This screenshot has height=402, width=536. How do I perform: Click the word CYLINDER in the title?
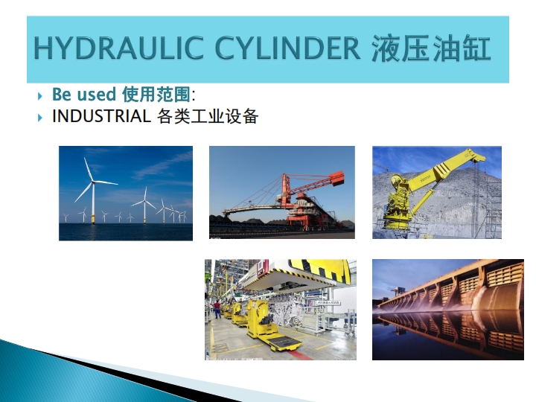pyautogui.click(x=287, y=48)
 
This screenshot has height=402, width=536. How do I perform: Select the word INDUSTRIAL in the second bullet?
pyautogui.click(x=101, y=116)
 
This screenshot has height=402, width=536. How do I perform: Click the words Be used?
pyautogui.click(x=84, y=94)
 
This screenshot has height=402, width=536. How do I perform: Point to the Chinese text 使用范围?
pyautogui.click(x=156, y=95)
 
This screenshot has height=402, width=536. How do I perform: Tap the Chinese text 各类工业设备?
pyautogui.click(x=208, y=117)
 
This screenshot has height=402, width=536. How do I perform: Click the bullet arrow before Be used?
pyautogui.click(x=40, y=96)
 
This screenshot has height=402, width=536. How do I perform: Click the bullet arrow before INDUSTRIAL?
pyautogui.click(x=40, y=118)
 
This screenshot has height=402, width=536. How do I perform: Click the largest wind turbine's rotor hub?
pyautogui.click(x=93, y=182)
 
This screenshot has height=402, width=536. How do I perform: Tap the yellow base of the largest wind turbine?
pyautogui.click(x=93, y=219)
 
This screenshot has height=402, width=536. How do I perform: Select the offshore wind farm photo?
pyautogui.click(x=126, y=193)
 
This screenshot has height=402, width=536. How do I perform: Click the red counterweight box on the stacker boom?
pyautogui.click(x=337, y=178)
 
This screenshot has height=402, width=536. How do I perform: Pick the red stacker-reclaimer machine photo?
pyautogui.click(x=282, y=192)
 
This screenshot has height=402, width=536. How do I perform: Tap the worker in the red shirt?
pyautogui.click(x=217, y=309)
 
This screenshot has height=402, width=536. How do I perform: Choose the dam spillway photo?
pyautogui.click(x=448, y=310)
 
